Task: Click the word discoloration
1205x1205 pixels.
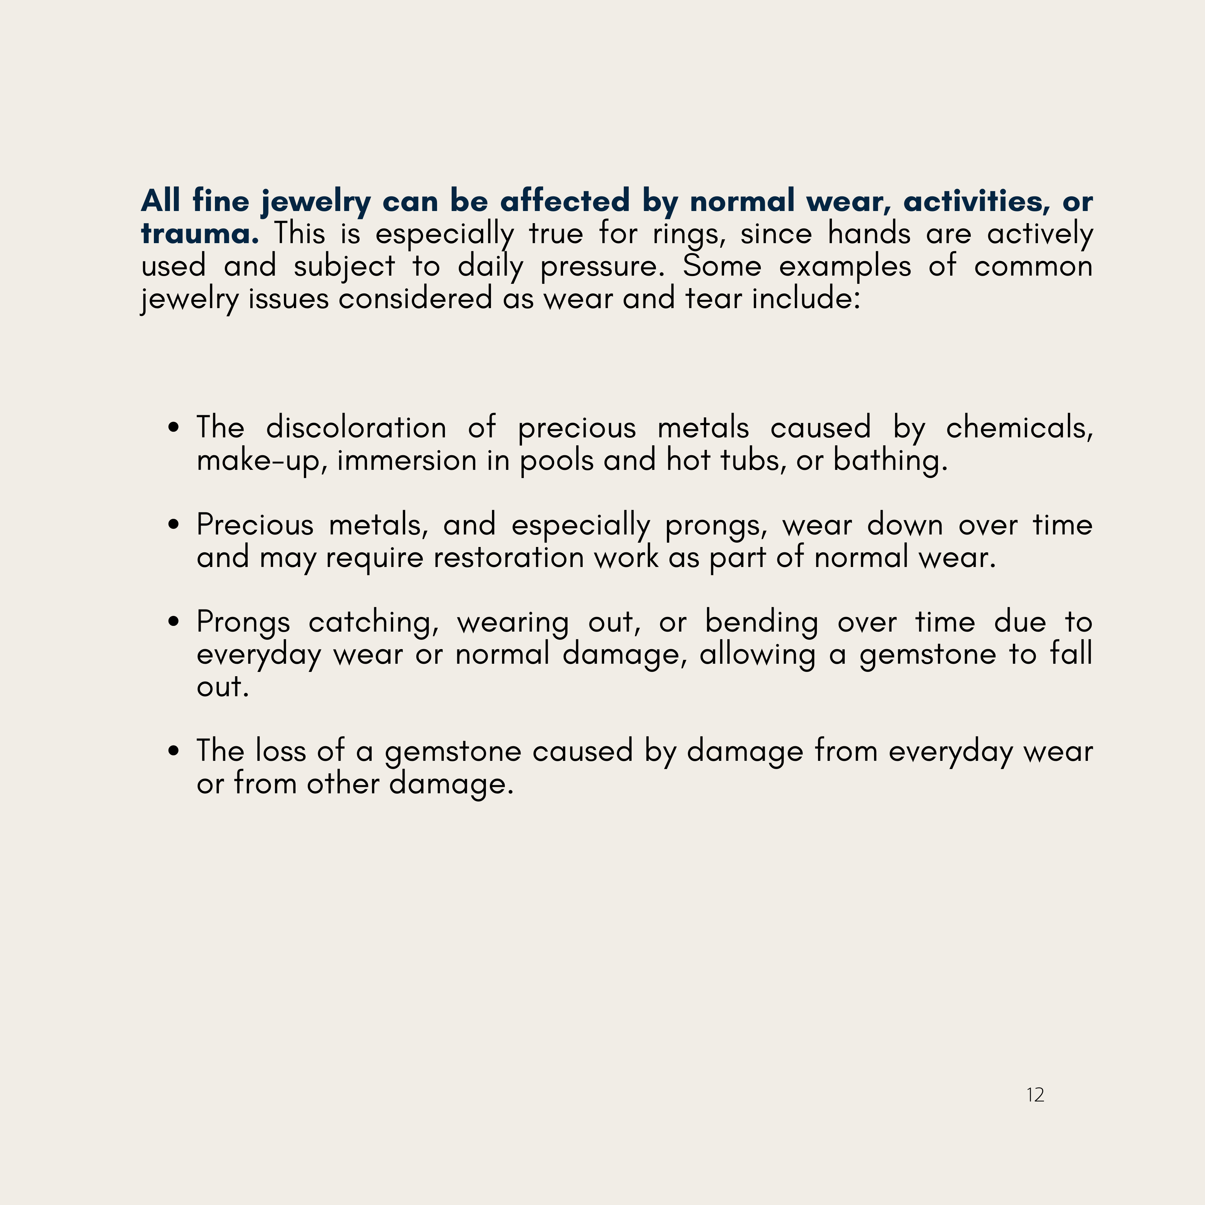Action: click(356, 428)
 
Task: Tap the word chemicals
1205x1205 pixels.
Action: click(1019, 428)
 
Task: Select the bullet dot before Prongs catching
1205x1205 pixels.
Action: click(174, 622)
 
